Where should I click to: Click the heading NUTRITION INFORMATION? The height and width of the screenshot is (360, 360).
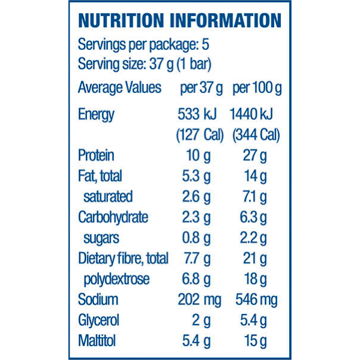[x=179, y=20]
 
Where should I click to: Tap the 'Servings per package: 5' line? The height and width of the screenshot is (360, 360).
[x=143, y=45]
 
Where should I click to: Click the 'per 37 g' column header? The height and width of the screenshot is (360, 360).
[x=201, y=88]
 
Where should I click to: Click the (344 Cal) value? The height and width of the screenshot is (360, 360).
[x=256, y=135]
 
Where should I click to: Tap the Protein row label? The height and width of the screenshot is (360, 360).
[x=96, y=155]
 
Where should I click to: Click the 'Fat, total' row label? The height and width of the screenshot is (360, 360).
[x=100, y=176]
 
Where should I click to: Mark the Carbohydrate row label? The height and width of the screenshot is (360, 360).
[x=113, y=217]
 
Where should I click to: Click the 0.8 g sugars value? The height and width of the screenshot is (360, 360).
[x=198, y=238]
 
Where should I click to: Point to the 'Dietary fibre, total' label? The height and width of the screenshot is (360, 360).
[x=123, y=259]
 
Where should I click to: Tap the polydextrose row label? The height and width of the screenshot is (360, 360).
[x=116, y=279]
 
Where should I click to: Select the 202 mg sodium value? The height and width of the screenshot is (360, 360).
[x=199, y=300]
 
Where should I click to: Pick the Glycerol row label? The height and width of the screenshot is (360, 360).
[x=98, y=320]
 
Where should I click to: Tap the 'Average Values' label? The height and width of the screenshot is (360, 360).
[x=119, y=88]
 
